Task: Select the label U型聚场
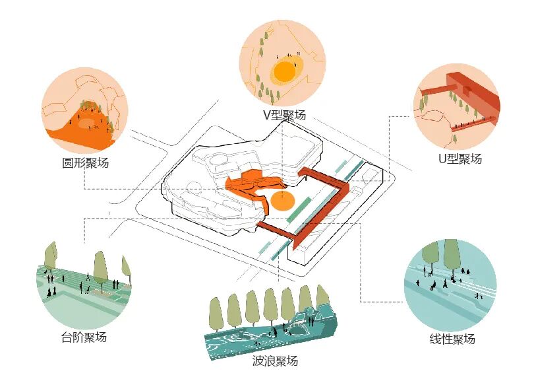pos(460,158)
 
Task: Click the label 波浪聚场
pos(275,361)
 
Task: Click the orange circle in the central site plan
pos(282,201)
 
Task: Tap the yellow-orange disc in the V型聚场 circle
pos(286,71)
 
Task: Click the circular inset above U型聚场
pos(457,105)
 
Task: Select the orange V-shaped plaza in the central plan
pos(251,185)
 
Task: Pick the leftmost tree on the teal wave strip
pos(215,312)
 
